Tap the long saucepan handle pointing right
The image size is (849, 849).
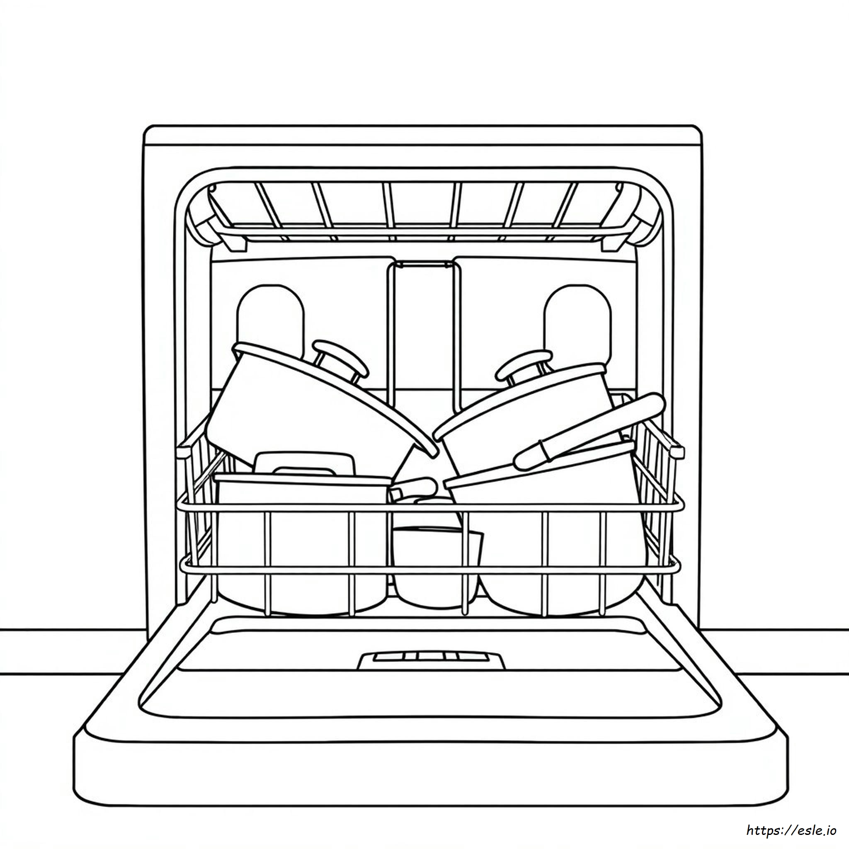pyautogui.click(x=589, y=431)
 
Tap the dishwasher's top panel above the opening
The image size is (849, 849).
pyautogui.click(x=422, y=147)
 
